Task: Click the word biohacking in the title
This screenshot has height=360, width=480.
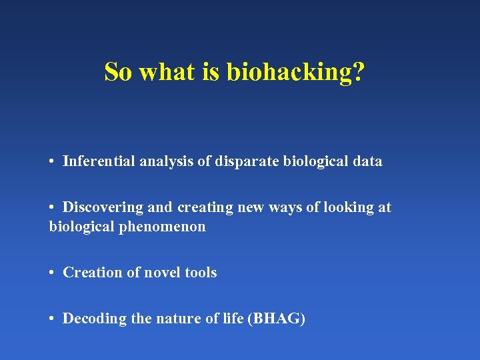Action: pos(295,72)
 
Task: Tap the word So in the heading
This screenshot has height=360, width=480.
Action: pos(118,72)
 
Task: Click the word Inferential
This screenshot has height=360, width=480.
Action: pos(99,161)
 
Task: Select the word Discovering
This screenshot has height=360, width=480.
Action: pos(103,207)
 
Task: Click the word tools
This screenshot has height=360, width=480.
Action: pos(199,273)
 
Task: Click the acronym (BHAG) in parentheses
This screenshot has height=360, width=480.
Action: pos(276,319)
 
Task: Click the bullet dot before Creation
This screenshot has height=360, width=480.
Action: pos(53,273)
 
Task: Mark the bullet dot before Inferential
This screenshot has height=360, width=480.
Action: pos(53,162)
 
